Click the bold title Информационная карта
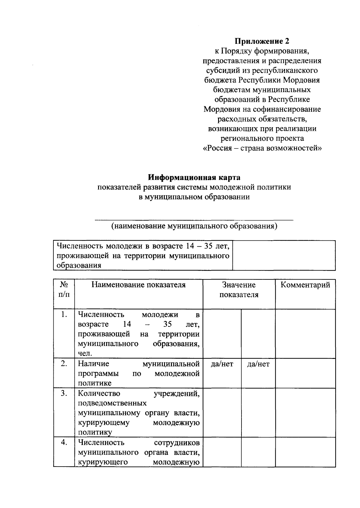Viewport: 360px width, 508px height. pos(194,177)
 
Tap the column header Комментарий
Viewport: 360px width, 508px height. pos(305,285)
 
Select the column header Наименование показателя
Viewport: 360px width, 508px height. pos(138,285)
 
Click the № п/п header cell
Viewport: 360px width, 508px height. pos(64,290)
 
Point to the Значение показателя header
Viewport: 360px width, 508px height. pos(239,290)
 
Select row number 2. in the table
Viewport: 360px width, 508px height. pos(64,364)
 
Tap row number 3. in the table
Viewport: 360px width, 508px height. pos(64,393)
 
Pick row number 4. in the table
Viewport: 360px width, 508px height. pos(64,442)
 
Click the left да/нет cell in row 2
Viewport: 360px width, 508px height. pos(222,364)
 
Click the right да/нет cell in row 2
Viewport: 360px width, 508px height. pos(258,364)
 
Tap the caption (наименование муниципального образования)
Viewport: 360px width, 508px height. pos(194,226)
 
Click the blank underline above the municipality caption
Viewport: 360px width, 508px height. pos(194,219)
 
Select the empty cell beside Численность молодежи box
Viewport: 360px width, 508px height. pos(284,255)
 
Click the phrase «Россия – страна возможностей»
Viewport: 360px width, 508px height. pos(262,148)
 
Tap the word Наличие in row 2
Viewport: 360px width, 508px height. pos(94,364)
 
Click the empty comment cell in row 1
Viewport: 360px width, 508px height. pos(305,333)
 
